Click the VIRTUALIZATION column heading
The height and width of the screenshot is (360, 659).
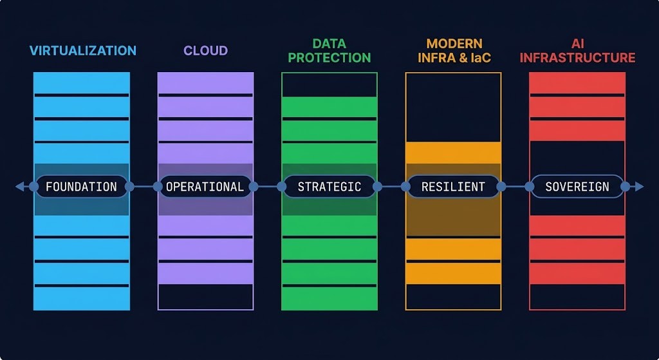tap(83, 51)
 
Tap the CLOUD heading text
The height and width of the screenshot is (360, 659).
tap(205, 51)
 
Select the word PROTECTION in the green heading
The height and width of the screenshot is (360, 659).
tap(329, 57)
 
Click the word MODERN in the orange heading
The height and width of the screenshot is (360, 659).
tap(454, 44)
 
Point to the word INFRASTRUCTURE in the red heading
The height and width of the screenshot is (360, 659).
tap(577, 57)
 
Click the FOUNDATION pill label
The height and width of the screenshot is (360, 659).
tap(82, 187)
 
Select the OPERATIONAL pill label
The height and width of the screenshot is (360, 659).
tap(205, 187)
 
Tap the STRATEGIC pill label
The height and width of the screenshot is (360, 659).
tap(329, 187)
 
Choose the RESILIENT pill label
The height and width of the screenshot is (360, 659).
tap(454, 187)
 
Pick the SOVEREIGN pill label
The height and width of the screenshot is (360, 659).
tap(577, 187)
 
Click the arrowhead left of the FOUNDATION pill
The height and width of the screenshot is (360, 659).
tap(20, 186)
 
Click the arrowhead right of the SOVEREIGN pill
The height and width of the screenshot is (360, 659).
tap(639, 186)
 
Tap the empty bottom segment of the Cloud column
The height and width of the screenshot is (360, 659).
tap(205, 297)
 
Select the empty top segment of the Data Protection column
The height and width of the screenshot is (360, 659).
tap(329, 85)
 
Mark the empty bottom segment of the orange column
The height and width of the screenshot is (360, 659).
tap(454, 297)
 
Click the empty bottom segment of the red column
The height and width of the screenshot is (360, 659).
tap(577, 297)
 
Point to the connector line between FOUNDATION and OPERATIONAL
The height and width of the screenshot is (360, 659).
tap(144, 186)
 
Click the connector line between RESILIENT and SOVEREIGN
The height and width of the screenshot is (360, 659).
tap(515, 186)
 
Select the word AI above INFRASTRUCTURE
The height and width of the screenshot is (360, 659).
tap(577, 44)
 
